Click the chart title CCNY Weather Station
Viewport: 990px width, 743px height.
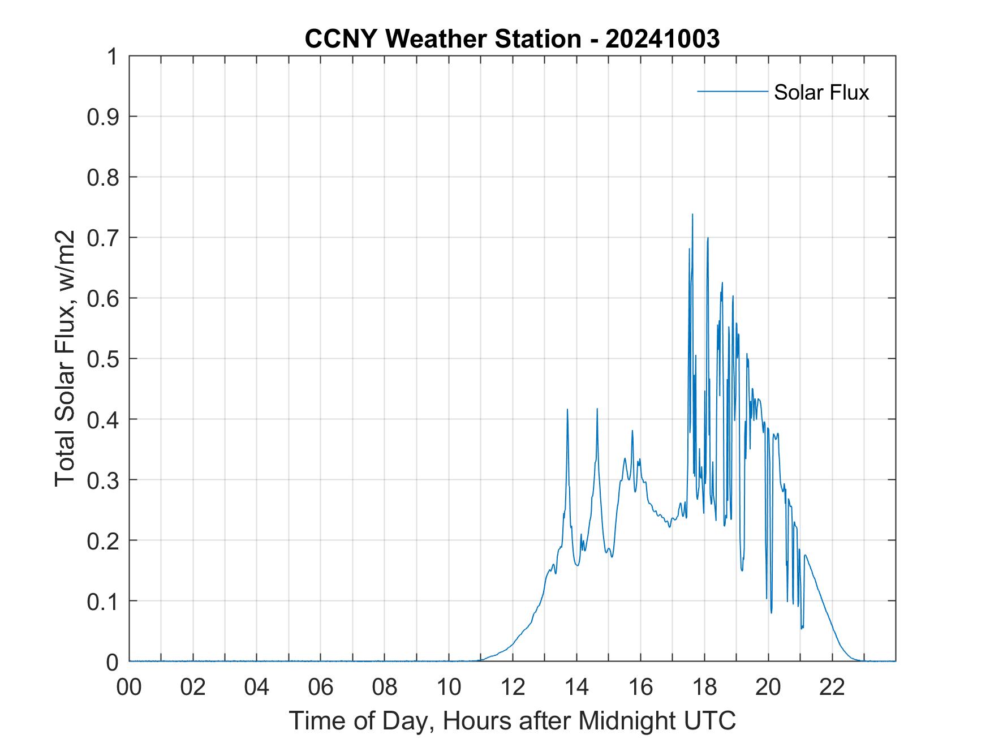pos(442,39)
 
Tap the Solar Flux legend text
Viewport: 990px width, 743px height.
pos(821,92)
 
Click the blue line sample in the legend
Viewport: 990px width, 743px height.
pos(732,91)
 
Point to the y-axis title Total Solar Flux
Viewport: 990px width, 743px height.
pos(65,359)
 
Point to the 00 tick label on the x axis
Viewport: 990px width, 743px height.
pos(129,687)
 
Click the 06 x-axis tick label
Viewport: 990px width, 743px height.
pos(321,687)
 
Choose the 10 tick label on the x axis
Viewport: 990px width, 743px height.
pos(449,687)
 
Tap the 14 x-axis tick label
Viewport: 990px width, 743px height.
pos(576,687)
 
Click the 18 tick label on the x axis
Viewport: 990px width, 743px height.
pos(704,687)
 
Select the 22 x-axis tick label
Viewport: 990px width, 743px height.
pos(832,687)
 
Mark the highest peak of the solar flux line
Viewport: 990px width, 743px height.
pos(692,214)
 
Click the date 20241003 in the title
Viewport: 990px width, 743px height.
pos(662,39)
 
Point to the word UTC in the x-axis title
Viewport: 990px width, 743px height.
pos(710,720)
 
